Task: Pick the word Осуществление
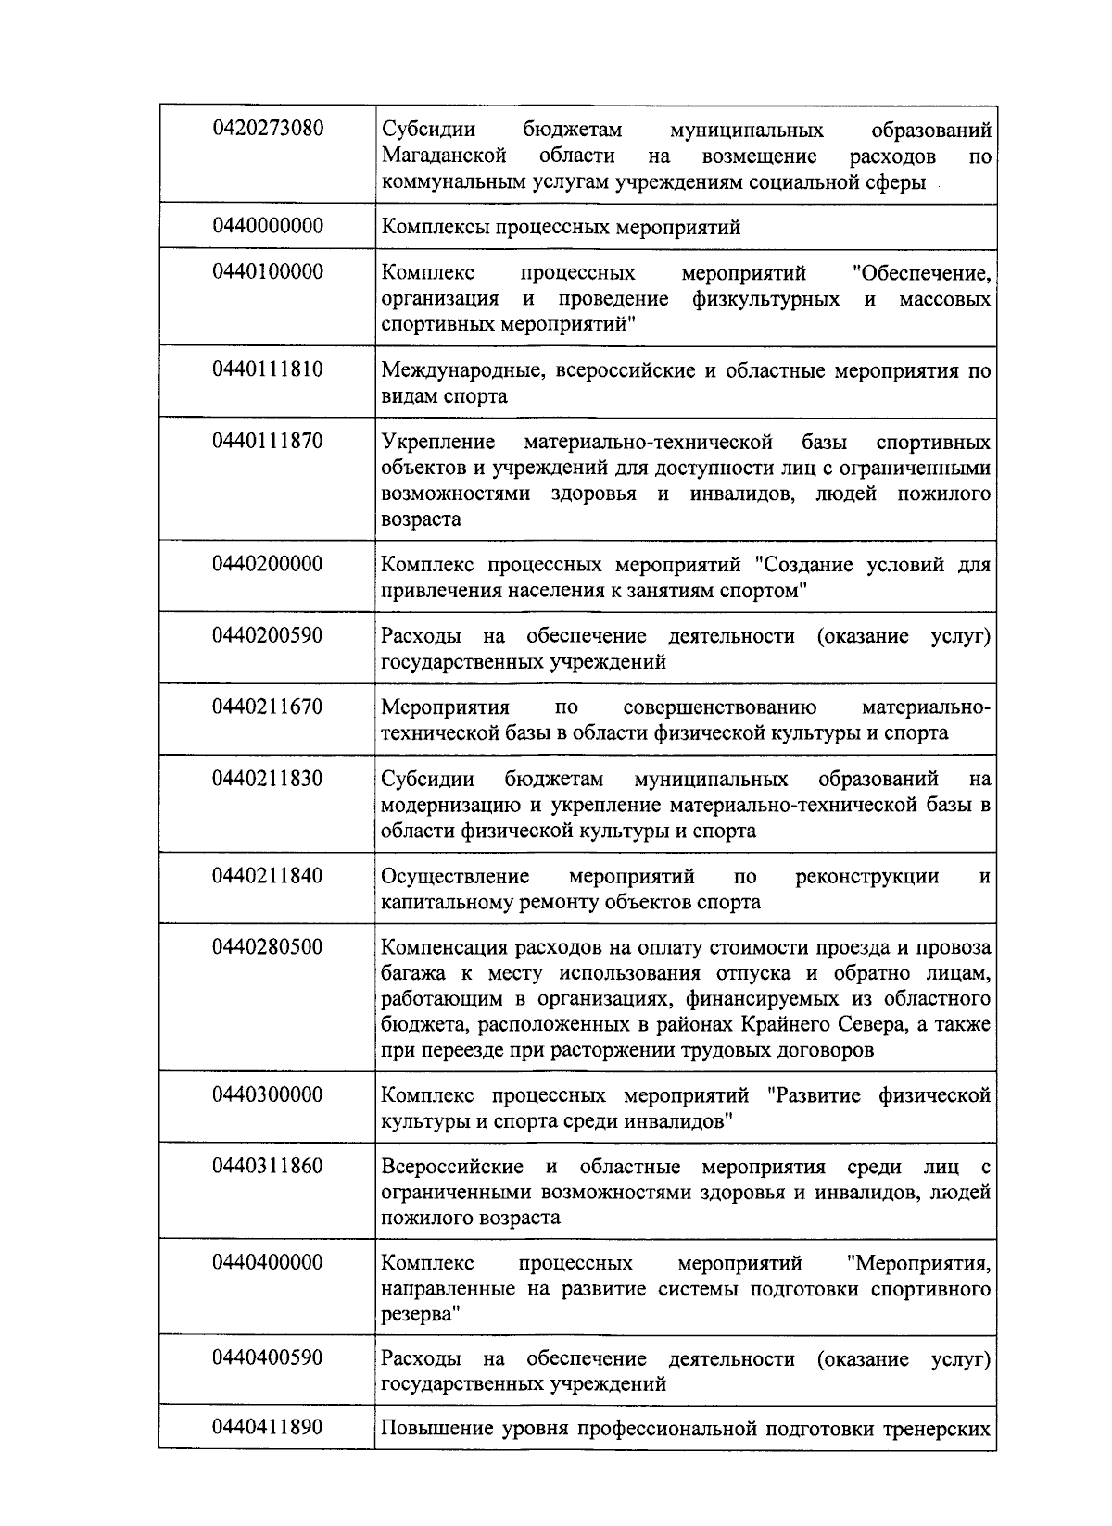[x=455, y=876]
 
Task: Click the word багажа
[x=410, y=974]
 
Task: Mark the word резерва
[x=418, y=1315]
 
